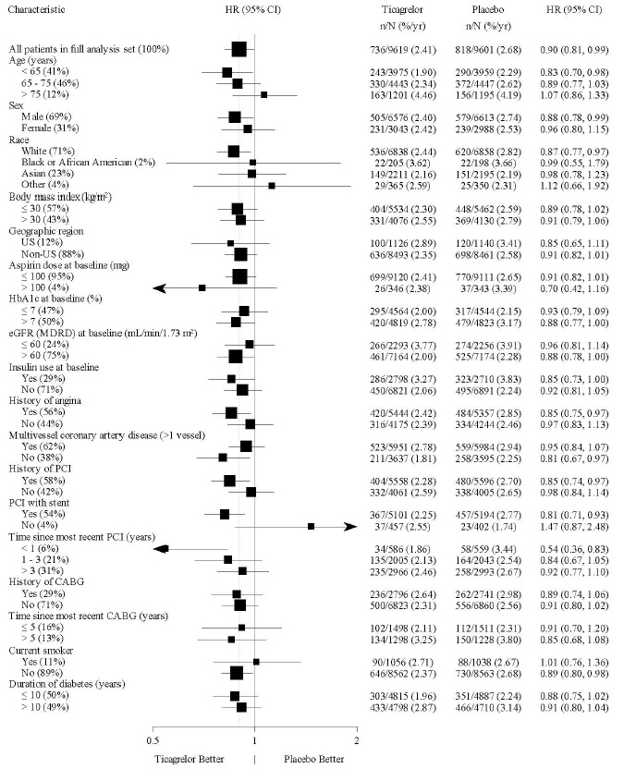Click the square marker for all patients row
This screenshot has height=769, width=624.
[x=239, y=49]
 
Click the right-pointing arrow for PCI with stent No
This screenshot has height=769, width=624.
[x=349, y=526]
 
